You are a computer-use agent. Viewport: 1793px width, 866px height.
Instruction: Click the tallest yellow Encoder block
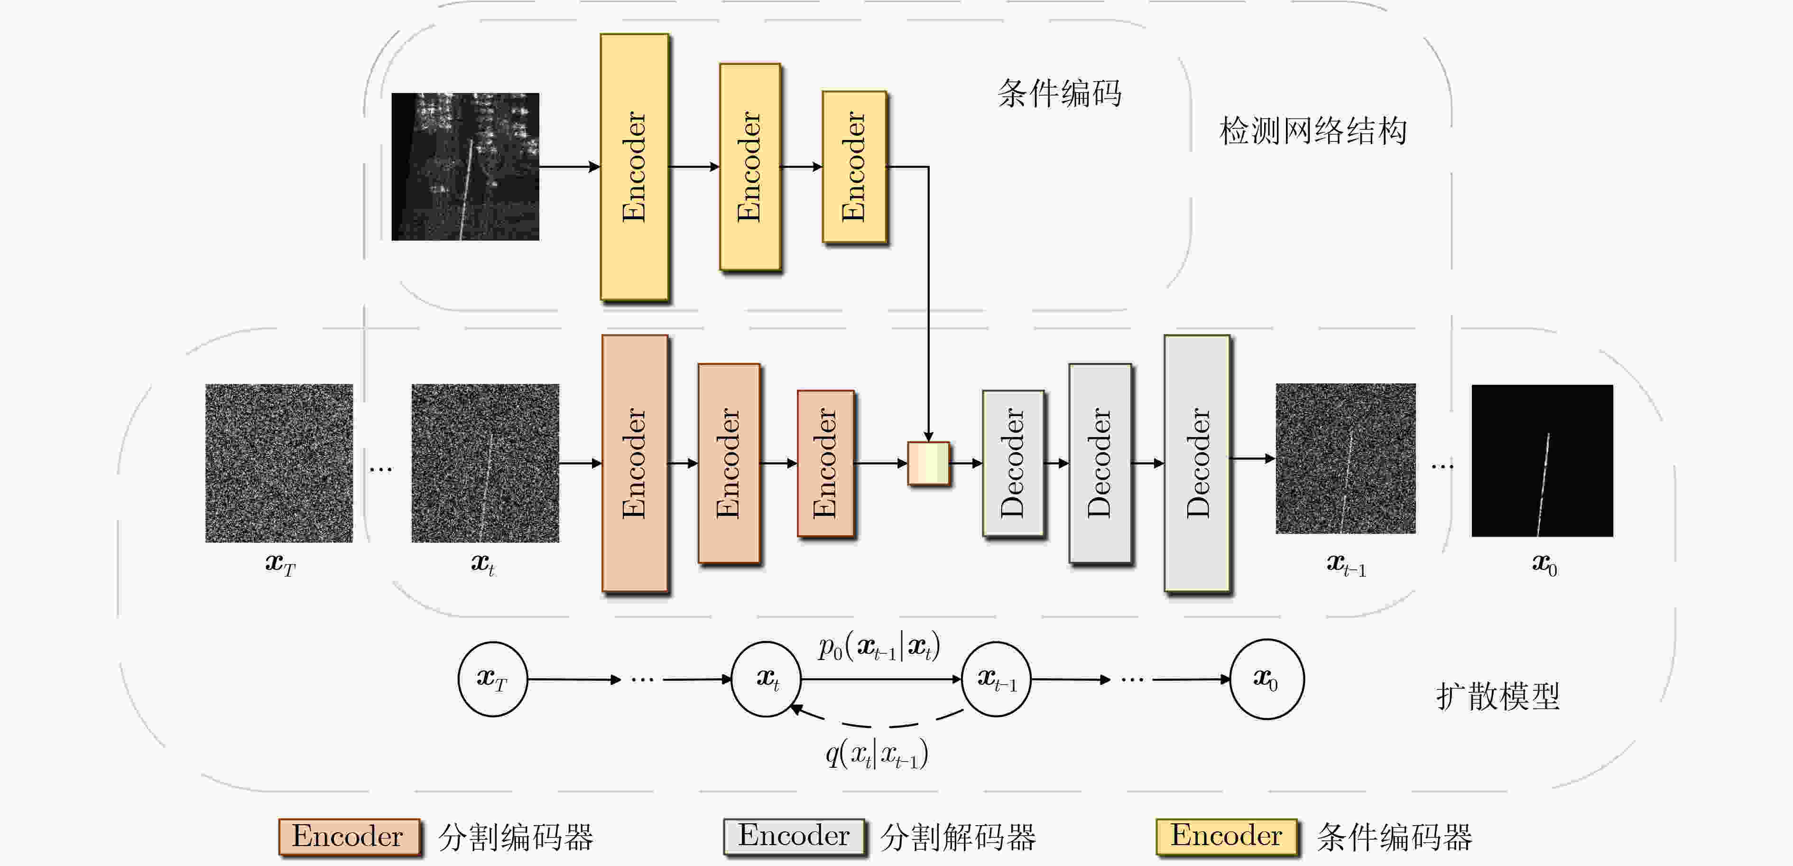pos(635,167)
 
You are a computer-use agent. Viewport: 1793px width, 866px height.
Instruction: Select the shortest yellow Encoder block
pos(854,167)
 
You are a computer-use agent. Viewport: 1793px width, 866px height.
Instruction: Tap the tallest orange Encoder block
pos(635,463)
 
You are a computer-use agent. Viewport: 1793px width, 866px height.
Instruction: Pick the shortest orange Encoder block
pos(825,463)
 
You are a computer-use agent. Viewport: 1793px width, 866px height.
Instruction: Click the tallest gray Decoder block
pos(1196,463)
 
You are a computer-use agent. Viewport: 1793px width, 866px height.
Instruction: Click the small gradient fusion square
pos(929,463)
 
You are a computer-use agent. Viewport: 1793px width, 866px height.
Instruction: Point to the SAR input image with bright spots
pos(465,167)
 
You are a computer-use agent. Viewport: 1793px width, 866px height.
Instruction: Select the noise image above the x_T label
pos(278,463)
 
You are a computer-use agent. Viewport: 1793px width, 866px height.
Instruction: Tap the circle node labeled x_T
pos(492,679)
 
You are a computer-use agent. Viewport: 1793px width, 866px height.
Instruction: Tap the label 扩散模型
pos(1498,696)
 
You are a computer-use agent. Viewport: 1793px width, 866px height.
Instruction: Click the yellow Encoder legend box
pos(1227,836)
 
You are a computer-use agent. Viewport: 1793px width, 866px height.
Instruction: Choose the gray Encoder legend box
pos(794,836)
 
